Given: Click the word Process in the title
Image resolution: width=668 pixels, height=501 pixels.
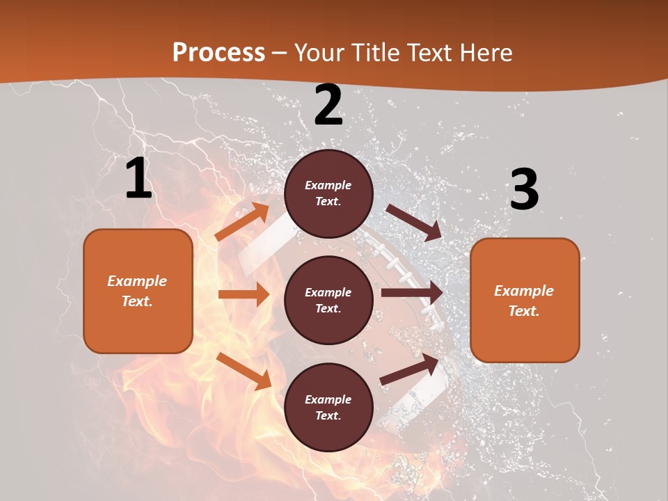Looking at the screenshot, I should (218, 52).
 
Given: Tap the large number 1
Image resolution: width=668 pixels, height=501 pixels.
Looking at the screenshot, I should (138, 179).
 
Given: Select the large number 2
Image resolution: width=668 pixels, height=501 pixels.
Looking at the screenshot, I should (328, 106).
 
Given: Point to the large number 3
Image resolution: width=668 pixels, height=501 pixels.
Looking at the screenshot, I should (524, 190).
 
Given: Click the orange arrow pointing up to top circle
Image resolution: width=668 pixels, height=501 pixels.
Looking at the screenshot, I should (242, 222).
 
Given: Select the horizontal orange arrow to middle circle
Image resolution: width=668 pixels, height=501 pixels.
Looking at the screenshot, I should (244, 294).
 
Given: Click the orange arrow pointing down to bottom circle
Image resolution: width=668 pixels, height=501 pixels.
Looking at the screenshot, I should (244, 370).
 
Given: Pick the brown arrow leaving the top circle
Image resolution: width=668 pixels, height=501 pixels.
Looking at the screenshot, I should (414, 222).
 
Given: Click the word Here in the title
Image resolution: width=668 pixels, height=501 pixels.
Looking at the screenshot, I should (486, 52).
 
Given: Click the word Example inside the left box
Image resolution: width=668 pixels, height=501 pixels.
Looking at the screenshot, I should (137, 281).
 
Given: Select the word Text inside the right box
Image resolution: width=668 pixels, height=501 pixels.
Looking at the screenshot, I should (524, 311).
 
